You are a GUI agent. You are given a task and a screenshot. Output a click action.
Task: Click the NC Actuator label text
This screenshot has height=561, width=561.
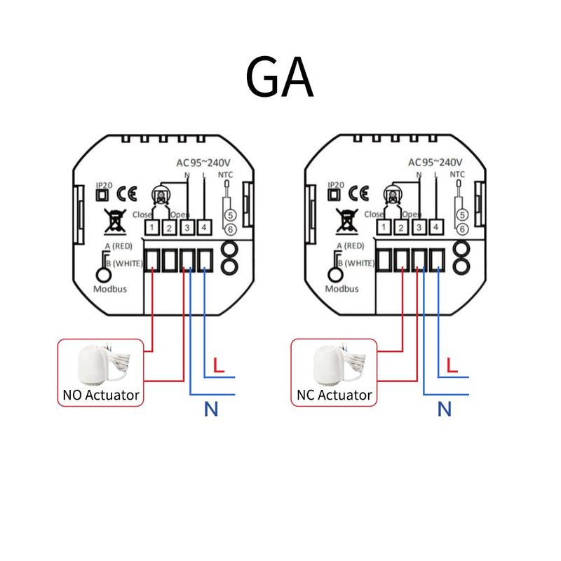[x=334, y=395]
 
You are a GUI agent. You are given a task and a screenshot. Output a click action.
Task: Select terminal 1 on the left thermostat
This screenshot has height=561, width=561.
[x=152, y=227]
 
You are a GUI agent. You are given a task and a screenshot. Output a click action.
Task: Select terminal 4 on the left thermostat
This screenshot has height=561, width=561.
[x=203, y=227]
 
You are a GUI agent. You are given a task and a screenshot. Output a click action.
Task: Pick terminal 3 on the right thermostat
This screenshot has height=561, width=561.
[x=419, y=227]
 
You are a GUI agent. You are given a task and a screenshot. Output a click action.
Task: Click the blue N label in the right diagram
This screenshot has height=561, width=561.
[x=443, y=409]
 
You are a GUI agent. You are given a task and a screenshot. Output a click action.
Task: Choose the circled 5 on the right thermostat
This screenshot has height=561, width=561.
[x=461, y=216]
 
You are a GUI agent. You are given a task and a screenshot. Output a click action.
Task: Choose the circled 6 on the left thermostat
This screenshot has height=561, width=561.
[x=229, y=229]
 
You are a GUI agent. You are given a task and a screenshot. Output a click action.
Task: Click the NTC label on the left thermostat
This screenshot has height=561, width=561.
[x=226, y=174]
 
